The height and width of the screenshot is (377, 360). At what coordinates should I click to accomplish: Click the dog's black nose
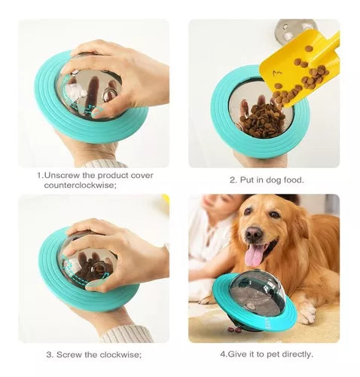254,234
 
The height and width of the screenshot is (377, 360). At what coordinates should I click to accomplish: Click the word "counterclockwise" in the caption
79,185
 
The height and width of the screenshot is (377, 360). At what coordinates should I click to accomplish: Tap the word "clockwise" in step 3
120,354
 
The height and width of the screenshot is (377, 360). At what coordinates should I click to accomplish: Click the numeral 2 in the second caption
232,180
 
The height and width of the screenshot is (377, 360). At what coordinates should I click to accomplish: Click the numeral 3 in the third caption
49,354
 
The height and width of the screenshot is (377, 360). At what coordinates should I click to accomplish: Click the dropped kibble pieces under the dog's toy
234,329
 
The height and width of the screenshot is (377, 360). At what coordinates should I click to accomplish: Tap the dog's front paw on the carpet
307,311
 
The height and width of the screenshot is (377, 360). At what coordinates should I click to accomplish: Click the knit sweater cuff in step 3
126,333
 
